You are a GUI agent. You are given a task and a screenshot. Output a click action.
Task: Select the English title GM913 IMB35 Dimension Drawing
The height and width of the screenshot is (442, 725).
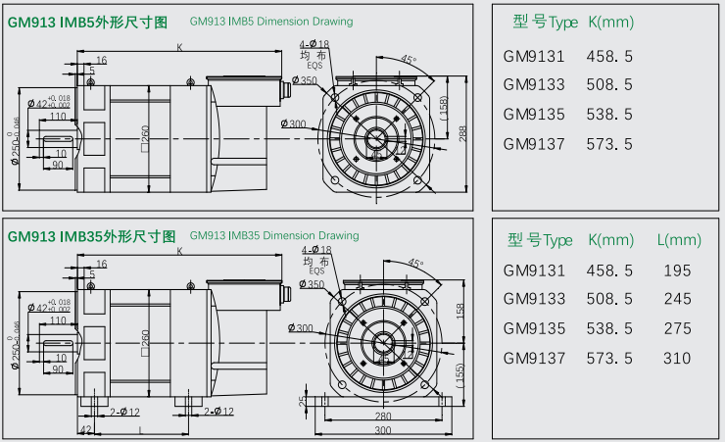pos(274,236)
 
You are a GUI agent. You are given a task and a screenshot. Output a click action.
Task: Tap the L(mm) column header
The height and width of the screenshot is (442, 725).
pos(679,240)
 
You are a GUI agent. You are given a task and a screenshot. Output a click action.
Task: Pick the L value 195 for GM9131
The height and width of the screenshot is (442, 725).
pos(677,270)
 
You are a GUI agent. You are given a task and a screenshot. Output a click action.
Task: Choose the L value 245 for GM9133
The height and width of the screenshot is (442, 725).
pos(677,299)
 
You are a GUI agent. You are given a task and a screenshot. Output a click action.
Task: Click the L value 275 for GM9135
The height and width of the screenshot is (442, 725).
pos(677,328)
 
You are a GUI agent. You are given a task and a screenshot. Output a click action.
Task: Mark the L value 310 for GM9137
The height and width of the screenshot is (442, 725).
pos(677,358)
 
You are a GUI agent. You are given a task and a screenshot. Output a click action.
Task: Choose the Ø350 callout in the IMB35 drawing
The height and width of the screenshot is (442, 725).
pos(313,284)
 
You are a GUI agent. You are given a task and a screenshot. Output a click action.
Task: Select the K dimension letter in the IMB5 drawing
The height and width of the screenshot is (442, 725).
pos(179,46)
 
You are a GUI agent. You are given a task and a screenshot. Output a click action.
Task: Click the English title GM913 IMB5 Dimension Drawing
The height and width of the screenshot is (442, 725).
pos(270,21)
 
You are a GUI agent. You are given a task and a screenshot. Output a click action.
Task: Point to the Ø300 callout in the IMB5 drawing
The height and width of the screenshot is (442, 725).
pos(292,124)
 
